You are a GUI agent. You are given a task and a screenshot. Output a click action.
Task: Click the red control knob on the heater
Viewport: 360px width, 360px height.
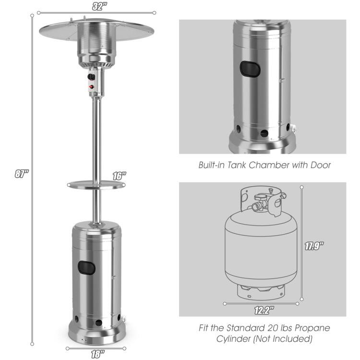click(91, 87)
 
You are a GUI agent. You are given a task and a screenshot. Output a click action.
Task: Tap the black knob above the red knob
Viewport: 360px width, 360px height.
click(91, 76)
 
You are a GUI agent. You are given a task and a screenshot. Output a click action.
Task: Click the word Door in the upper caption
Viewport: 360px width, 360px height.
click(320, 165)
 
